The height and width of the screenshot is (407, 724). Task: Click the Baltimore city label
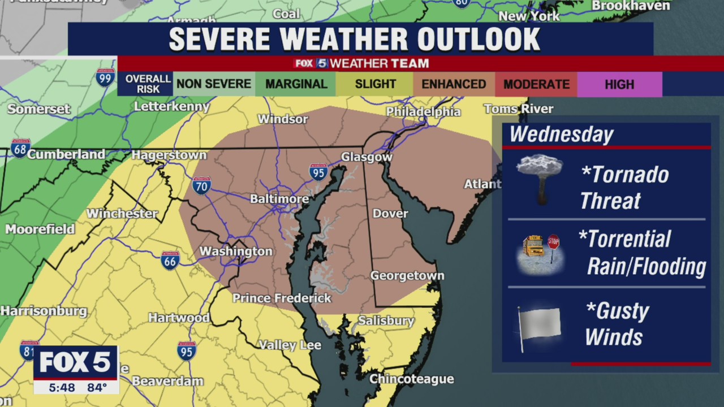click(x=279, y=199)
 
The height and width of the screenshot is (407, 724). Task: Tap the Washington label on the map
click(x=236, y=251)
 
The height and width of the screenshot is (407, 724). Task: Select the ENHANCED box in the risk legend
click(x=454, y=84)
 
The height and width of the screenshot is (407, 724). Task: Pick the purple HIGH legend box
click(x=619, y=84)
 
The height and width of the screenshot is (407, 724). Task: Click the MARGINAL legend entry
click(x=296, y=84)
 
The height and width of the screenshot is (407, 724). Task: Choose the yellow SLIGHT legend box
click(x=375, y=84)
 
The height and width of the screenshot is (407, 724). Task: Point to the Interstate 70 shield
click(x=201, y=185)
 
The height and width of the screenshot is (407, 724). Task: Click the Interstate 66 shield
click(x=170, y=259)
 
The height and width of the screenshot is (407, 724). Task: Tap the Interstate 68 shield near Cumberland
click(x=20, y=148)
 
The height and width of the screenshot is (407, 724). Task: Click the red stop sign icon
click(x=553, y=243)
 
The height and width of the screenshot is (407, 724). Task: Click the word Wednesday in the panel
click(x=561, y=135)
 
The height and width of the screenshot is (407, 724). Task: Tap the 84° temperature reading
click(x=97, y=387)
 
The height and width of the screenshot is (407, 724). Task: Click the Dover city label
click(x=390, y=214)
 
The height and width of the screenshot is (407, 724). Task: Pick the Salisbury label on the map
click(x=386, y=321)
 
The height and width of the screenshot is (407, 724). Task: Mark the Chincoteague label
click(x=411, y=379)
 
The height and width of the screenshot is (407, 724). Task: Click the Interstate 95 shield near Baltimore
click(x=318, y=172)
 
